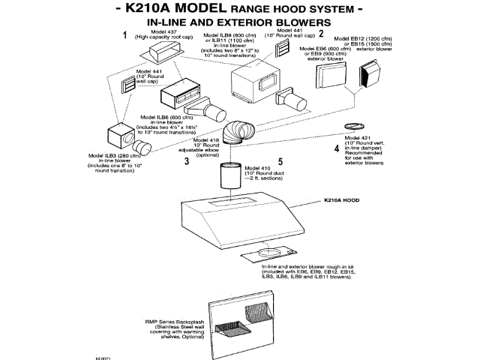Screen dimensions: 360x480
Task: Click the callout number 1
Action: click(124, 35)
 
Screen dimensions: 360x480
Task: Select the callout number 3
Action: click(185, 160)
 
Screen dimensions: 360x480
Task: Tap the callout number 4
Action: click(336, 148)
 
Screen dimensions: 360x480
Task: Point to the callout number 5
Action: click(280, 160)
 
